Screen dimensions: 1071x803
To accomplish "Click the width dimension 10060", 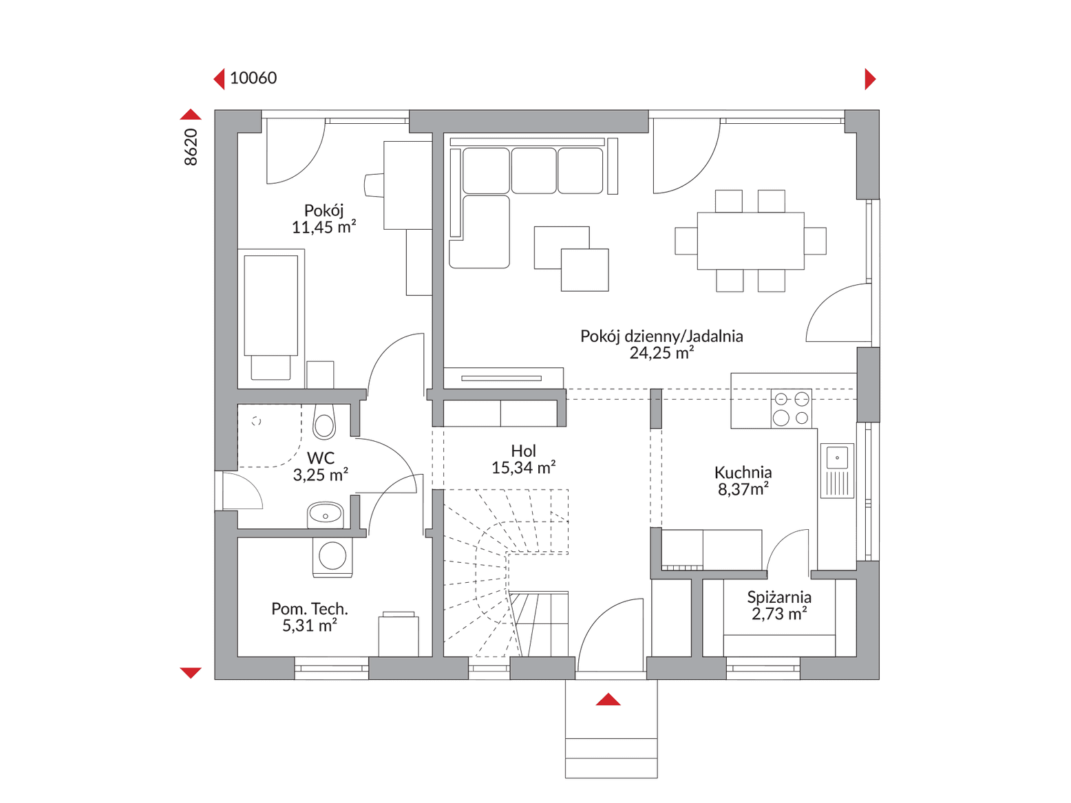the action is pyautogui.click(x=253, y=78).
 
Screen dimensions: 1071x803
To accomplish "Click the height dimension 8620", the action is pyautogui.click(x=191, y=147).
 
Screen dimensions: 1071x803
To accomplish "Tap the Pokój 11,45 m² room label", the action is pyautogui.click(x=324, y=218).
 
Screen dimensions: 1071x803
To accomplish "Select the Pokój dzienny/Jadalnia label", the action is pyautogui.click(x=661, y=336).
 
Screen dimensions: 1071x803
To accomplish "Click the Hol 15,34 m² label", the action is pyautogui.click(x=523, y=459).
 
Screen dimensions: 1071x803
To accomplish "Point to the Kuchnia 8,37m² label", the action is pyautogui.click(x=743, y=480).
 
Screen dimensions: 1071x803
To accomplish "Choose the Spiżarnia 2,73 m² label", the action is pyautogui.click(x=778, y=605).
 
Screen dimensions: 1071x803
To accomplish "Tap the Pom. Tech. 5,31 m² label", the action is pyautogui.click(x=309, y=617).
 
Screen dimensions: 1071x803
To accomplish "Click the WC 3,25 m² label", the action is pyautogui.click(x=320, y=466).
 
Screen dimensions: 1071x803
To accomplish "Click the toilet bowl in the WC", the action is pyautogui.click(x=324, y=422).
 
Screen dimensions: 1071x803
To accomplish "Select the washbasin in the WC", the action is pyautogui.click(x=325, y=515).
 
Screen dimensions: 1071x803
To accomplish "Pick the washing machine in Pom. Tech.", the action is pyautogui.click(x=332, y=557).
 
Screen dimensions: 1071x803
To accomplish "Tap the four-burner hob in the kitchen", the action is pyautogui.click(x=791, y=409).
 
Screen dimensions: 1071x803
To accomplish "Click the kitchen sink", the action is pyautogui.click(x=837, y=471).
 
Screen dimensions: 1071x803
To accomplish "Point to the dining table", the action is pyautogui.click(x=750, y=241).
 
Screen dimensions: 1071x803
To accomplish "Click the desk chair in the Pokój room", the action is pyautogui.click(x=374, y=185).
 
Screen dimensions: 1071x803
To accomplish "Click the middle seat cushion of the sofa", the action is pyautogui.click(x=533, y=171).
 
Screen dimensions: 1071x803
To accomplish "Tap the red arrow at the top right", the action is pyautogui.click(x=870, y=79).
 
